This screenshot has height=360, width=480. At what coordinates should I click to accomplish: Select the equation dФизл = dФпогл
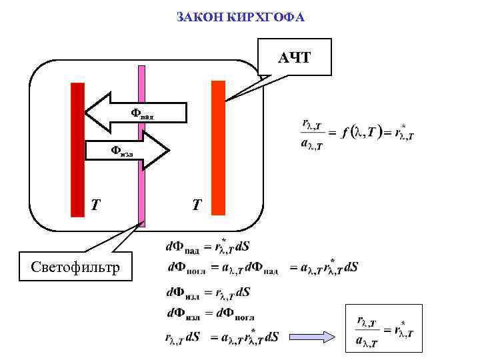point(209,313)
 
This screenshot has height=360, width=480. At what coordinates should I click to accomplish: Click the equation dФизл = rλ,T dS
point(207,292)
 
